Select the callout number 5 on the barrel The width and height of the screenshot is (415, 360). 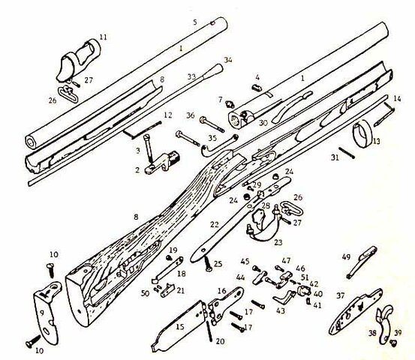click(x=194, y=23)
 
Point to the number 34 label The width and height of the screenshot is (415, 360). click(x=228, y=59)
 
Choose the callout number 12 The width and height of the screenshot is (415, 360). click(x=167, y=115)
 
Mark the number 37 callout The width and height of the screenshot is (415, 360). click(x=341, y=296)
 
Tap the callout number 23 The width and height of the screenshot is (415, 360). click(x=278, y=242)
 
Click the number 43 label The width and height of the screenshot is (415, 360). click(x=281, y=311)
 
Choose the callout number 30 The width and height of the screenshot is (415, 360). click(x=263, y=123)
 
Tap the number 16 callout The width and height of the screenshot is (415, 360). click(x=221, y=291)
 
